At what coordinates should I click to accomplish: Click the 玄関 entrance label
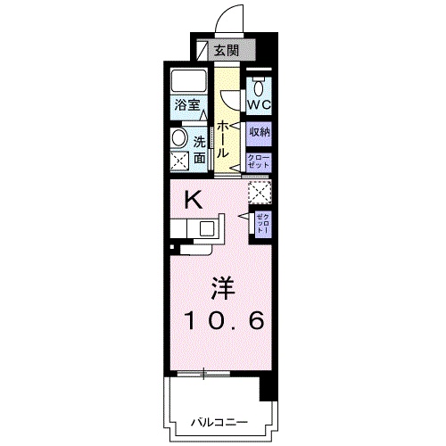(229, 49)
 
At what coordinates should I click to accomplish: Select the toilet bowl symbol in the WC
(258, 87)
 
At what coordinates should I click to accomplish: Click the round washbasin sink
(178, 138)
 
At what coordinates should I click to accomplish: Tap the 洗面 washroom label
(199, 149)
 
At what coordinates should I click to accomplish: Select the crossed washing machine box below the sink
(179, 161)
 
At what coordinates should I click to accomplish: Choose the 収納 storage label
(259, 132)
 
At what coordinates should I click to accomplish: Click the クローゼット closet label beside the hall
(259, 161)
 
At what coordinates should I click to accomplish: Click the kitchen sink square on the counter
(206, 227)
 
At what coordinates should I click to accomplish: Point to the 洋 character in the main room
(223, 287)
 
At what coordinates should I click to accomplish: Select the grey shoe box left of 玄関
(203, 49)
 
